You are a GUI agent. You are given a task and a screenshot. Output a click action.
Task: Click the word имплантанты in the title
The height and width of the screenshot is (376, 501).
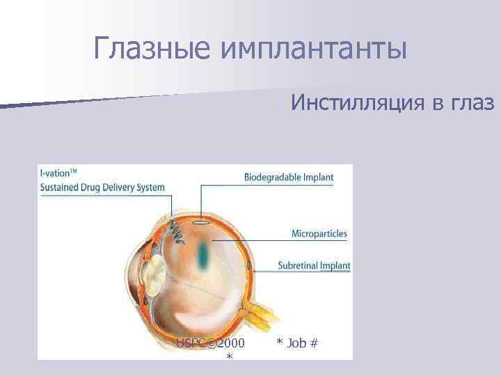click(x=312, y=49)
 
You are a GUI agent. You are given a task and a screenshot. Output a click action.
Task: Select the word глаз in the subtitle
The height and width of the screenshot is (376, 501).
click(x=472, y=103)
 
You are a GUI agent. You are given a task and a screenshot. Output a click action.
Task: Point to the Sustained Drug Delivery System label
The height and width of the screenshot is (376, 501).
click(x=102, y=187)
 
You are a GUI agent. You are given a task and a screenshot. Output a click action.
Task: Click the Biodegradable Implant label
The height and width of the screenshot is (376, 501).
click(x=289, y=177)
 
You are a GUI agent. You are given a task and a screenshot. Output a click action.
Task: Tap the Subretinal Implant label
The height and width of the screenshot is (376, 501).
click(x=314, y=265)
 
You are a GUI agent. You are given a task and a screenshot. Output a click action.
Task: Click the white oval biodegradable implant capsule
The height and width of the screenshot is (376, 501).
click(x=200, y=223)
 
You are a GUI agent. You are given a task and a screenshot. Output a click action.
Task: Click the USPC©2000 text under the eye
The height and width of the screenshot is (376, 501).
click(x=210, y=343)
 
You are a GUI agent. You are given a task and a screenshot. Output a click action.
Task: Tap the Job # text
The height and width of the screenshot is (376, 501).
click(x=297, y=343)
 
